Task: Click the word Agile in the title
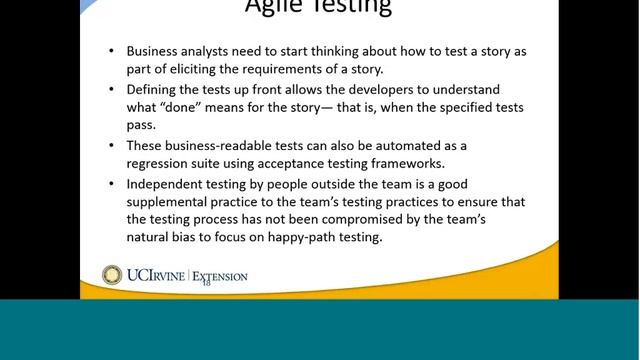coord(276,7)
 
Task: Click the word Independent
coord(166,184)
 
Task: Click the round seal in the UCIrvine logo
coord(112,275)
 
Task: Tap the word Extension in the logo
coord(220,276)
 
